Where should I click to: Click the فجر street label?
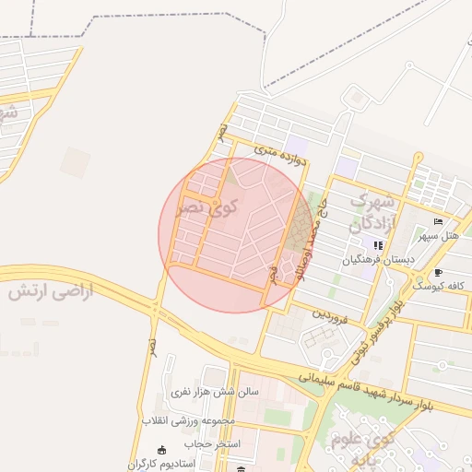pyautogui.click(x=272, y=275)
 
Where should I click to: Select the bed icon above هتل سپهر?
pyautogui.click(x=438, y=222)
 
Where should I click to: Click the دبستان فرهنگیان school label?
pyautogui.click(x=378, y=261)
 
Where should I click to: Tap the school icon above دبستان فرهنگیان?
pyautogui.click(x=378, y=246)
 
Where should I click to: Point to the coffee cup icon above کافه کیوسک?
pyautogui.click(x=438, y=272)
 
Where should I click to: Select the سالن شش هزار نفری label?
pyautogui.click(x=215, y=392)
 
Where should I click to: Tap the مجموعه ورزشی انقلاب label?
pyautogui.click(x=191, y=421)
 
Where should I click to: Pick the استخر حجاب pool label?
pyautogui.click(x=213, y=444)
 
